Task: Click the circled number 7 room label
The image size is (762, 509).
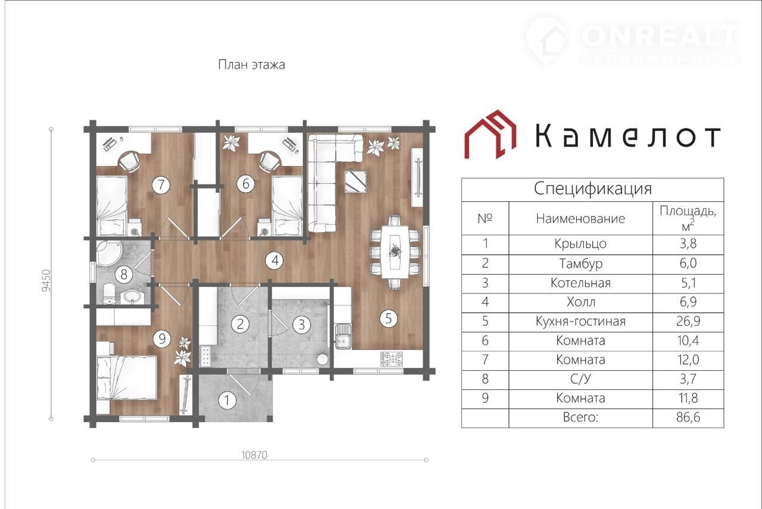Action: (161, 185)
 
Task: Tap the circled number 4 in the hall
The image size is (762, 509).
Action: (275, 261)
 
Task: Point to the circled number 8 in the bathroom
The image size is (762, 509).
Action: (124, 274)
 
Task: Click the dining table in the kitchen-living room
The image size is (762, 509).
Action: (395, 252)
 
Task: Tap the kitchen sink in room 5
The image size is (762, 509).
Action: (343, 337)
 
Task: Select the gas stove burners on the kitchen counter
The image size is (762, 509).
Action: (392, 358)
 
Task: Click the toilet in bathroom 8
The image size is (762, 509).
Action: (109, 293)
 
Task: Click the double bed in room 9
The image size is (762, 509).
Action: (127, 378)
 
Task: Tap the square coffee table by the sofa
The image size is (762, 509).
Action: (356, 182)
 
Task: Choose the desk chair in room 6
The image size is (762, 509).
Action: (270, 162)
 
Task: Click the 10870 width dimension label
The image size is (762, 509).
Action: (254, 455)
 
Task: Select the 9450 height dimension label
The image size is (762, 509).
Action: (46, 281)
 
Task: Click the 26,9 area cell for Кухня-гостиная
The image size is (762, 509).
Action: (688, 321)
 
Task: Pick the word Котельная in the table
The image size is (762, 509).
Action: (580, 283)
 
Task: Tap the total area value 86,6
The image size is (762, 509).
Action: (688, 417)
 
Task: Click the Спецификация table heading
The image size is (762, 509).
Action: (592, 189)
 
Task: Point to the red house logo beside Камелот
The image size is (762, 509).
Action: (490, 135)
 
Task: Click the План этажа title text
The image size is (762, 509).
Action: (251, 65)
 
